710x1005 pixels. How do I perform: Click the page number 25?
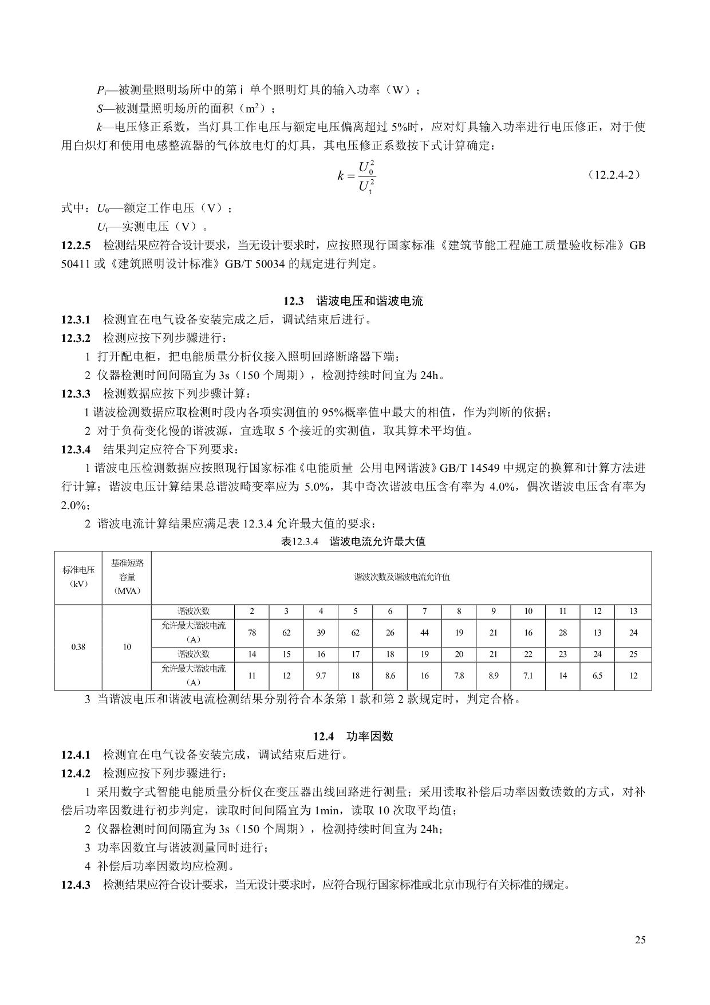click(640, 940)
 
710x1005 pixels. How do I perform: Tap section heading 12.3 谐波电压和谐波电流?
click(353, 301)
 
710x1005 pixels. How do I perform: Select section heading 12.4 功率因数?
click(353, 736)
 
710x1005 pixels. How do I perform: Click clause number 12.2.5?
click(76, 246)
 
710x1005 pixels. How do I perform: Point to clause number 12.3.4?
click(76, 449)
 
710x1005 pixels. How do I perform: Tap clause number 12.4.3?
click(76, 885)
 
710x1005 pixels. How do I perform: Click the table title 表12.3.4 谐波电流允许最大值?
click(353, 541)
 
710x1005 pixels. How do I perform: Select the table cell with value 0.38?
click(78, 647)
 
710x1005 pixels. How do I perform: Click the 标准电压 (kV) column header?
click(78, 577)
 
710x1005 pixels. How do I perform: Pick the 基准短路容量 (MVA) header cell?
click(127, 577)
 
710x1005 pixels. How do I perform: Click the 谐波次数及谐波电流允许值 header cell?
click(401, 577)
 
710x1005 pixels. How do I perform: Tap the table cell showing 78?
click(252, 633)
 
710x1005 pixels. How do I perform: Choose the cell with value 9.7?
click(321, 676)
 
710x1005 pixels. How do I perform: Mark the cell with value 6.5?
click(597, 676)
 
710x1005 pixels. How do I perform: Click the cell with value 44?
click(424, 633)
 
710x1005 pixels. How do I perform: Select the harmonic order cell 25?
click(633, 654)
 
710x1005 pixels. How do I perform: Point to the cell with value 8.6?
click(390, 676)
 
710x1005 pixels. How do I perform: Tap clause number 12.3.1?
click(76, 320)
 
